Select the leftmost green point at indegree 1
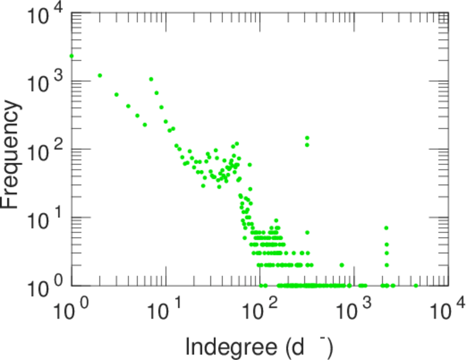(x=71, y=56)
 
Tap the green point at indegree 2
(x=100, y=76)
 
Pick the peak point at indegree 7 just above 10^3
(x=151, y=79)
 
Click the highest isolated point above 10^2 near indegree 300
(x=307, y=137)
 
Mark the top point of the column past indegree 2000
(x=387, y=228)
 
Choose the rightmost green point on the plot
(x=416, y=286)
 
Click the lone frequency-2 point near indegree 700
(x=342, y=265)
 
